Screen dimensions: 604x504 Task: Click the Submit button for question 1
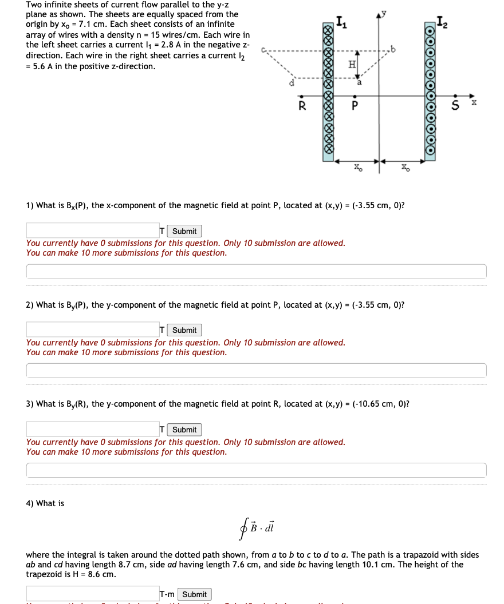tap(184, 231)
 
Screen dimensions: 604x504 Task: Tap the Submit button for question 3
tap(184, 430)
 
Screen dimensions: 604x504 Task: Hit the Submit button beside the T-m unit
tap(194, 594)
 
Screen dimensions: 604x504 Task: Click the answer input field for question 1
tap(92, 231)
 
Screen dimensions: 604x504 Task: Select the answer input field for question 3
tap(92, 429)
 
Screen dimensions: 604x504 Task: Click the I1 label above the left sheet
tap(341, 23)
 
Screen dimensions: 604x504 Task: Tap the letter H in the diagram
tap(352, 65)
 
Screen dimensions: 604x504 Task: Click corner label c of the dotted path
tap(263, 49)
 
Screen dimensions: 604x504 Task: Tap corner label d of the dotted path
tap(292, 84)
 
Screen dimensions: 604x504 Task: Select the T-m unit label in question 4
tap(168, 594)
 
